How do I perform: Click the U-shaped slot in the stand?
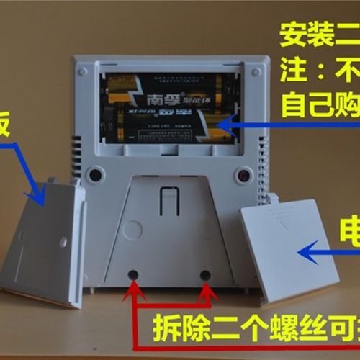click(x=169, y=202)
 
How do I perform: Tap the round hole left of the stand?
click(x=94, y=175)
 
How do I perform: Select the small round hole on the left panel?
click(x=63, y=241)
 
